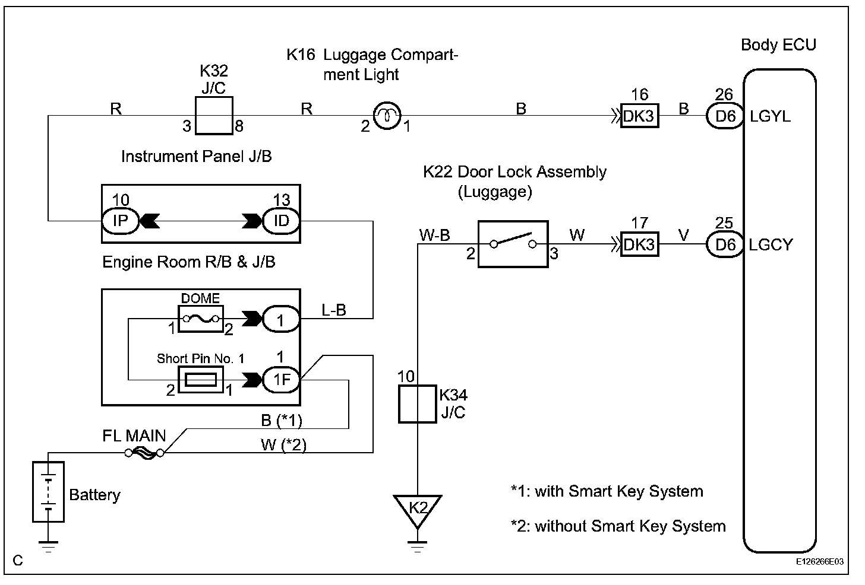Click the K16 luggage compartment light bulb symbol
coord(387,116)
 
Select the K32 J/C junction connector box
coord(214,116)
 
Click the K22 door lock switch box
coord(512,244)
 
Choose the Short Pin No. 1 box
coord(201,380)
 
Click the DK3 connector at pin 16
coord(639,116)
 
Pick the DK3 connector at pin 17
coord(639,244)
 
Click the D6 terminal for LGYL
coord(725,116)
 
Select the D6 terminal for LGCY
coord(725,244)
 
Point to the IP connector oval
coord(121,221)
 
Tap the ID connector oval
coord(281,221)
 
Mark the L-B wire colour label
coord(333,310)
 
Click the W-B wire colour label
coord(434,235)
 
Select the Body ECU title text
coord(778,45)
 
